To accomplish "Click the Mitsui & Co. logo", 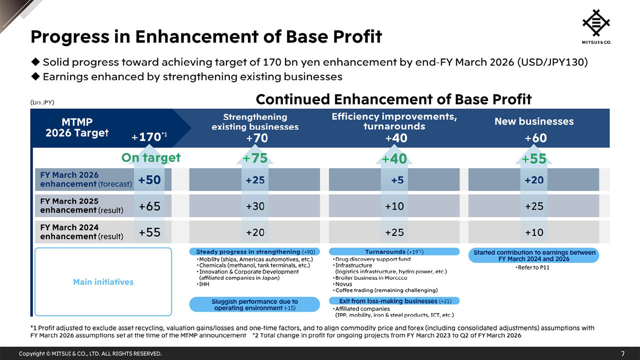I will tap(596, 26).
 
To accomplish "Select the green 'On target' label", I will tap(150, 158).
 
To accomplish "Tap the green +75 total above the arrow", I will tap(255, 158).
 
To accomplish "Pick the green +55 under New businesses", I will tap(533, 159).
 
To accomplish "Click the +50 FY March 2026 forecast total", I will tap(149, 180).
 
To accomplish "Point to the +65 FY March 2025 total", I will tap(149, 206).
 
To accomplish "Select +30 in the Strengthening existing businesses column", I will tap(255, 206).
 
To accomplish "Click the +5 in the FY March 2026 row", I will tap(397, 180).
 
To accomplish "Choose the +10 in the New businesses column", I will tap(533, 232).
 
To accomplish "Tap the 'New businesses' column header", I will tap(533, 121).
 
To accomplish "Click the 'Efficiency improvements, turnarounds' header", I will tap(394, 121).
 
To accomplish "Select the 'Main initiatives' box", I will tap(103, 282).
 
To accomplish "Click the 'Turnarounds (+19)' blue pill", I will tap(394, 252).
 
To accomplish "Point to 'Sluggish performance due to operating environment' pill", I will tap(254, 304).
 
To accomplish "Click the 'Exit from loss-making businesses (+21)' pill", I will tap(394, 301).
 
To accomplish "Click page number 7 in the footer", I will tap(622, 353).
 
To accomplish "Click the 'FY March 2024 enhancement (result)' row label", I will tap(81, 231).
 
